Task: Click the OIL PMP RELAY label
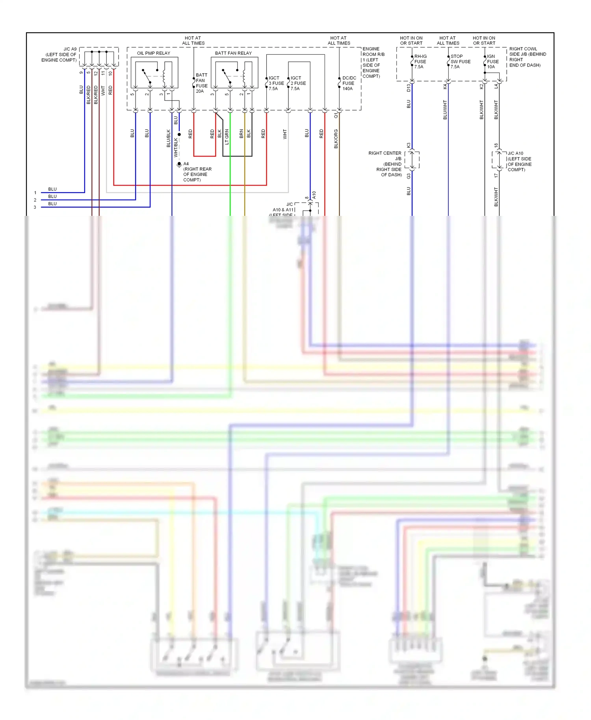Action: pyautogui.click(x=153, y=53)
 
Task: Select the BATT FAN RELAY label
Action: pyautogui.click(x=233, y=53)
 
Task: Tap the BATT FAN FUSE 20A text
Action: pyautogui.click(x=201, y=83)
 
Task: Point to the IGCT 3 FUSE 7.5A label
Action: pyautogui.click(x=276, y=84)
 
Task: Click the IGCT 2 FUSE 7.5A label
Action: pyautogui.click(x=298, y=84)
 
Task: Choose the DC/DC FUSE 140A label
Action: pyautogui.click(x=349, y=84)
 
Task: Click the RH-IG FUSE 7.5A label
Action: pyautogui.click(x=420, y=62)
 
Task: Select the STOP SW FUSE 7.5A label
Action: pyautogui.click(x=460, y=62)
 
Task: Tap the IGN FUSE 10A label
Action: pyautogui.click(x=492, y=62)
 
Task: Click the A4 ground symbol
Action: pyautogui.click(x=179, y=165)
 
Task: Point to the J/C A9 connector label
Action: pyautogui.click(x=59, y=55)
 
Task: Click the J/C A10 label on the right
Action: pyautogui.click(x=519, y=161)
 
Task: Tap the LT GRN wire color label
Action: pyautogui.click(x=227, y=137)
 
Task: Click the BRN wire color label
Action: pyautogui.click(x=242, y=134)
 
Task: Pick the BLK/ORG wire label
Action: pyautogui.click(x=336, y=139)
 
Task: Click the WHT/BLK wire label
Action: pyautogui.click(x=176, y=148)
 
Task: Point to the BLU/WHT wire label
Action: pyautogui.click(x=445, y=110)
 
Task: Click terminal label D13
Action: pyautogui.click(x=409, y=87)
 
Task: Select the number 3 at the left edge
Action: pyautogui.click(x=35, y=207)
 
